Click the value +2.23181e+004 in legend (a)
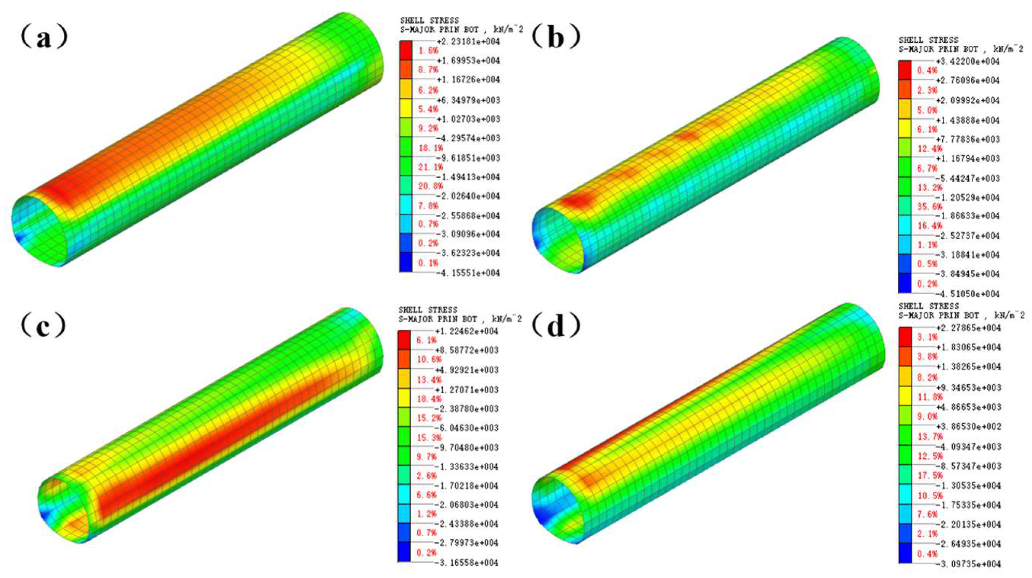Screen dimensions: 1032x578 [468, 42]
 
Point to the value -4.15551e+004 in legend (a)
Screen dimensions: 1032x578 [468, 273]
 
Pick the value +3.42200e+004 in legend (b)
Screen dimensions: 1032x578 [968, 61]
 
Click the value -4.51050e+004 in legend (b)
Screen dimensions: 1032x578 [968, 294]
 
